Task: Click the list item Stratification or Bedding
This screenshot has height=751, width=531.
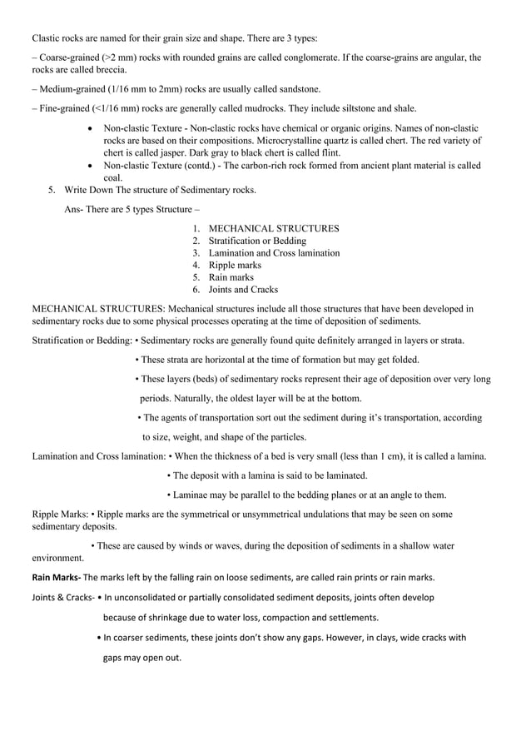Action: [x=256, y=241]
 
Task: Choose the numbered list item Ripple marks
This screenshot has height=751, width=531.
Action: [x=235, y=265]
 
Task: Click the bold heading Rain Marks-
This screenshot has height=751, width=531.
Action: [x=56, y=578]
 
